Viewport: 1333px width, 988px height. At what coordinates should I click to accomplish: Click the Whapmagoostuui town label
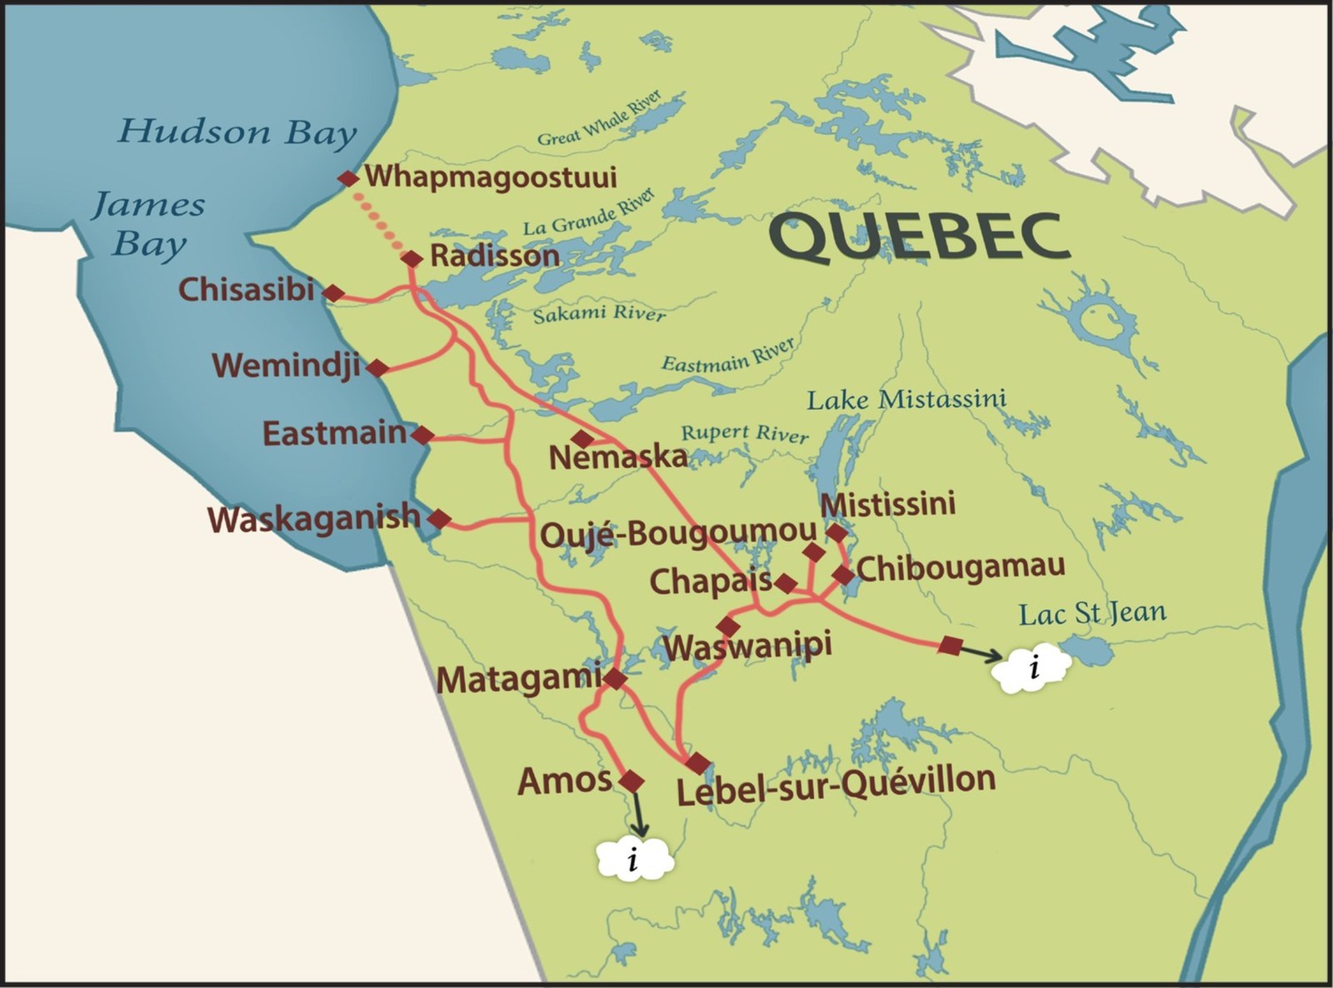point(491,177)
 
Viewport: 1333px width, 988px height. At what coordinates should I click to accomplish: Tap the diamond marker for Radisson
point(412,259)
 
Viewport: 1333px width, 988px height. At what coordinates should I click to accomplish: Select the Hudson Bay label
point(237,132)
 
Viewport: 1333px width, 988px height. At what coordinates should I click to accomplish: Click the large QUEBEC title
point(918,236)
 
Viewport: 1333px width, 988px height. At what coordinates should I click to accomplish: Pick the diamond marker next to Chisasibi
point(333,293)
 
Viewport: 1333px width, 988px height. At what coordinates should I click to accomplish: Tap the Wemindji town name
point(286,366)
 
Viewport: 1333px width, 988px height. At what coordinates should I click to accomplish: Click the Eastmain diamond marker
point(422,435)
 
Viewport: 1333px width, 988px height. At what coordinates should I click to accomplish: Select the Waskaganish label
point(314,518)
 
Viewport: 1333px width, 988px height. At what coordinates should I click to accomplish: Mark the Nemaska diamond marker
point(582,438)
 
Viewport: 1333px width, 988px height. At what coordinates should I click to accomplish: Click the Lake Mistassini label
point(906,399)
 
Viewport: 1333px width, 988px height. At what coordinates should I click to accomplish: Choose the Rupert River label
point(745,433)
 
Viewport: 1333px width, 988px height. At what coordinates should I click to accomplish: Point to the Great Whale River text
point(600,119)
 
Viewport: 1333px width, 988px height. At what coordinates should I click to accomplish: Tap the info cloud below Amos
point(635,859)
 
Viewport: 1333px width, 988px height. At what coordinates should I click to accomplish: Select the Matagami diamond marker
point(615,679)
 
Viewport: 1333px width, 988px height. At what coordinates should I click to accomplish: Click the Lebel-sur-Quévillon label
point(836,784)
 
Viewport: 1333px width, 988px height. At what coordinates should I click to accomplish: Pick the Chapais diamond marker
point(786,582)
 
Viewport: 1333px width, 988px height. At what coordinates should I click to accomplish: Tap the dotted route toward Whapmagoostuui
point(380,219)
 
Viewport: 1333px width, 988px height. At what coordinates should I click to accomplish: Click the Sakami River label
point(600,314)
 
